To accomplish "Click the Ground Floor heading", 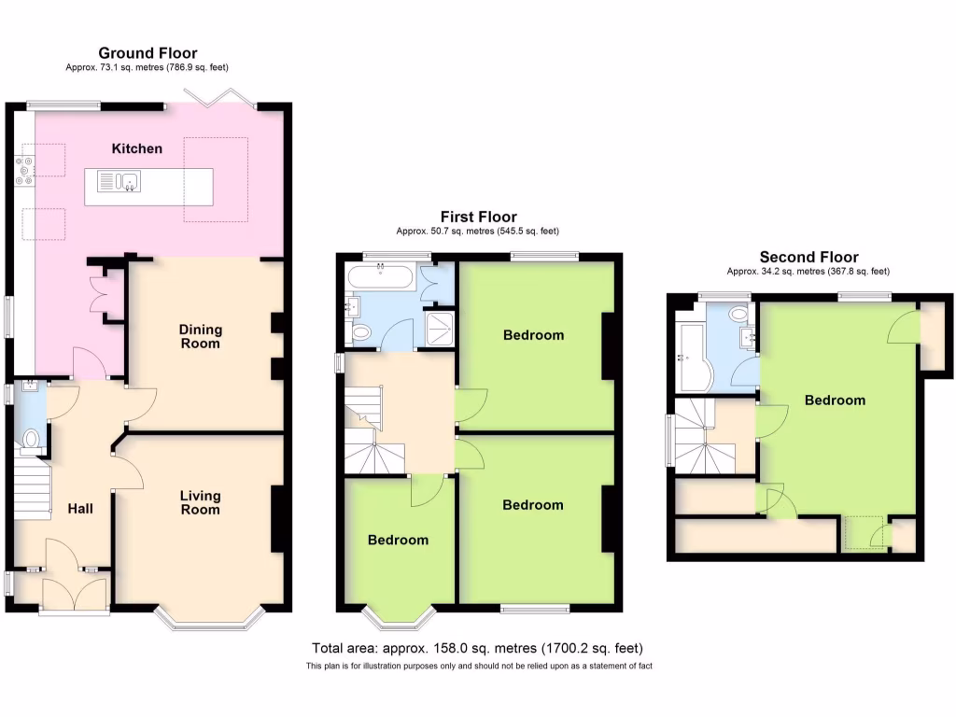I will pyautogui.click(x=148, y=53).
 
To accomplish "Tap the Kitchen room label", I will pyautogui.click(x=137, y=148).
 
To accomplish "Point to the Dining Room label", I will pyautogui.click(x=201, y=336).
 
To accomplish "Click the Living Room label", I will pyautogui.click(x=201, y=502).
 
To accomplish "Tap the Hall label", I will pyautogui.click(x=80, y=509).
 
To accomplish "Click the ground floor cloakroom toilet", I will pyautogui.click(x=31, y=438).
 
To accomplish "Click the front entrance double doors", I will pyautogui.click(x=75, y=593).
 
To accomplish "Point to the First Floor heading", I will pyautogui.click(x=477, y=218).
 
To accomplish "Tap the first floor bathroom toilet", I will pyautogui.click(x=361, y=330).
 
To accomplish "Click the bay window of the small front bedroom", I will pyautogui.click(x=399, y=615).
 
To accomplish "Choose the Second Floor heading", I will pyautogui.click(x=808, y=258).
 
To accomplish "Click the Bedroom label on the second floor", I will pyautogui.click(x=835, y=401).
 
